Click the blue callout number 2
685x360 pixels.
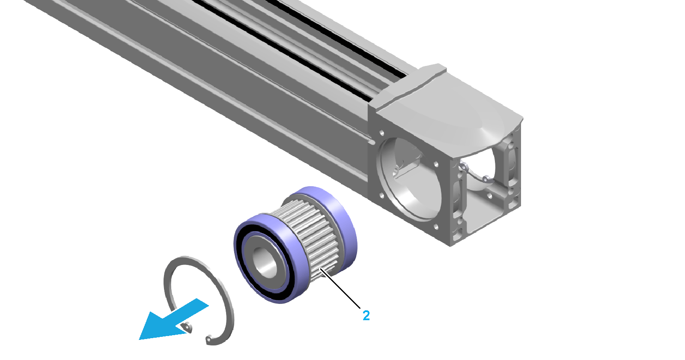[366, 315]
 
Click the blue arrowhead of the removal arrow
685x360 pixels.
[159, 327]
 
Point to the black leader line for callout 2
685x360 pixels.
[340, 288]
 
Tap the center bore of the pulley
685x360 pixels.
[265, 262]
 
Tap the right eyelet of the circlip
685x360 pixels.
[209, 339]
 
